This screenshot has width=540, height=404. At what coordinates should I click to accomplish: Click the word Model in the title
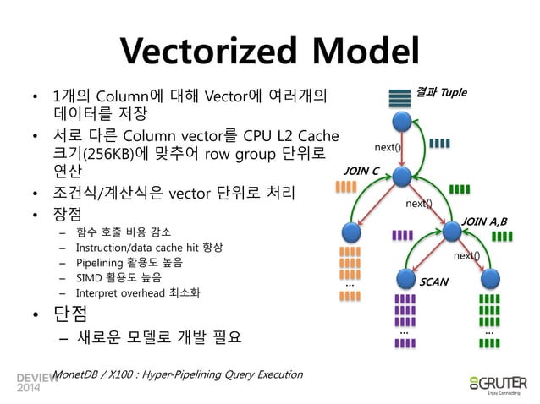coord(364,51)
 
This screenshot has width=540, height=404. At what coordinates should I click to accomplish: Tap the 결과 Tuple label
coord(441,91)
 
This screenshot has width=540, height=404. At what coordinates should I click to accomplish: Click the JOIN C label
coord(360,171)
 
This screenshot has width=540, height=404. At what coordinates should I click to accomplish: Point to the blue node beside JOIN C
coord(402,177)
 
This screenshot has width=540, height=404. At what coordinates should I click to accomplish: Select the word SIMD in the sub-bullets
coord(89,277)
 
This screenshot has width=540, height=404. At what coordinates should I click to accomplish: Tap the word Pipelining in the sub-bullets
coord(102,262)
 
